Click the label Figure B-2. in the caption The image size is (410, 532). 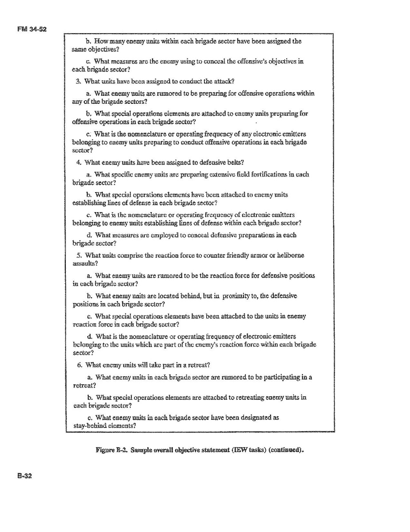109,449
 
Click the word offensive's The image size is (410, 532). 241,61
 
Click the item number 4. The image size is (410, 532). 79,162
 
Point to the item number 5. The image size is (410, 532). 79,255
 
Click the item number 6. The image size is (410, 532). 79,365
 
